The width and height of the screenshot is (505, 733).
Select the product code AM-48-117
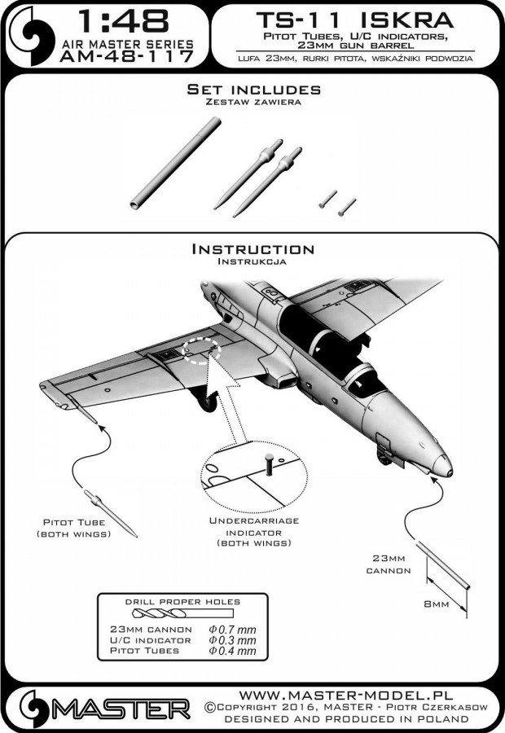tap(122, 56)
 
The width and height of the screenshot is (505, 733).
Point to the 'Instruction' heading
tap(253, 249)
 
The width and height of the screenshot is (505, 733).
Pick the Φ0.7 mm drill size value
tap(233, 629)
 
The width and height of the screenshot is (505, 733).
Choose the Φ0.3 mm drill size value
tap(233, 640)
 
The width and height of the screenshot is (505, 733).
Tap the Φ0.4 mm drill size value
tap(233, 652)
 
